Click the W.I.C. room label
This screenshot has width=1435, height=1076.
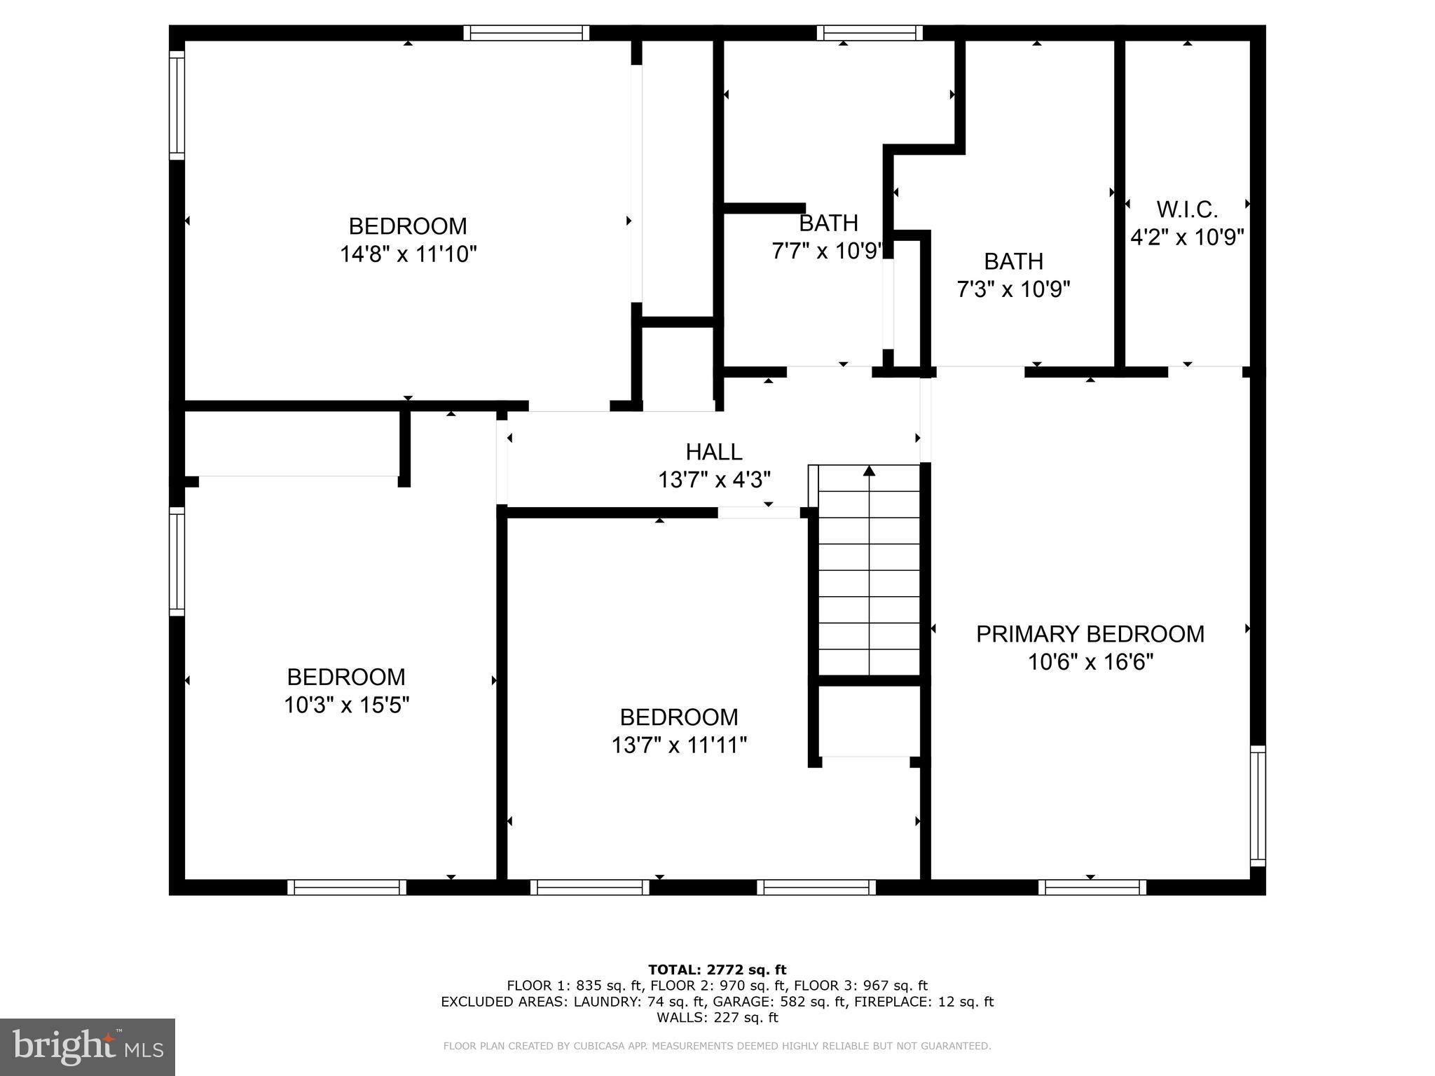[x=1187, y=209]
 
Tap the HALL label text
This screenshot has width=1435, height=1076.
[x=713, y=452]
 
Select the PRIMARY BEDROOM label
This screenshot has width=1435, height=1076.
[x=1090, y=634]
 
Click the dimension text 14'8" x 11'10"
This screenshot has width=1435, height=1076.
[x=408, y=254]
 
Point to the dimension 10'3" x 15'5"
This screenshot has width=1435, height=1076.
[x=346, y=705]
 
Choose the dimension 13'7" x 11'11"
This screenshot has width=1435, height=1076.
[x=679, y=745]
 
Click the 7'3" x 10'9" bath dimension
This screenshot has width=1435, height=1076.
[x=1013, y=289]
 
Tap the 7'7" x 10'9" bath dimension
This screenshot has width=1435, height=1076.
[x=827, y=251]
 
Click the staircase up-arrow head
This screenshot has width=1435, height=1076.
[x=869, y=471]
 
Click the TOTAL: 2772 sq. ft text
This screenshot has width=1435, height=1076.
[x=717, y=970]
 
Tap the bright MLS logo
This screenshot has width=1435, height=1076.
[x=88, y=1047]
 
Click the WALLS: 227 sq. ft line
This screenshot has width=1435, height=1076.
[x=717, y=1017]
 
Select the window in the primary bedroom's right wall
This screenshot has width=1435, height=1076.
[x=1258, y=806]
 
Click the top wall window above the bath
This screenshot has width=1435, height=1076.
[x=869, y=33]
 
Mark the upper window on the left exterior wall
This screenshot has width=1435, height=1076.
[x=177, y=105]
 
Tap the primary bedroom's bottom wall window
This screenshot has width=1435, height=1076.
[x=1092, y=888]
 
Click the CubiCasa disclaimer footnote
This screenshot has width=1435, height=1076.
[x=717, y=1046]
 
